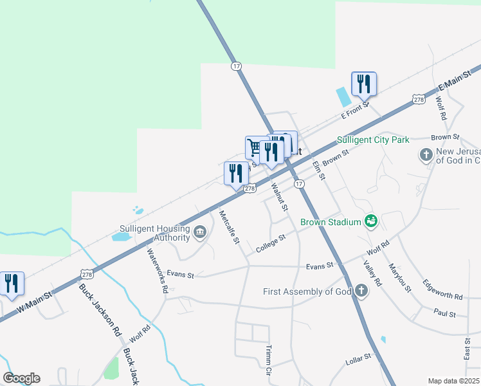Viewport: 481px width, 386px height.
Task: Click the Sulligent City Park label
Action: (x=373, y=140)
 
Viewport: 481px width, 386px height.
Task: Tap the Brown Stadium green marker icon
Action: (x=370, y=221)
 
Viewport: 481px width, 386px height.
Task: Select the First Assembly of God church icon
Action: (x=361, y=291)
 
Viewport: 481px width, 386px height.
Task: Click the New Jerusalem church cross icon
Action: (x=425, y=155)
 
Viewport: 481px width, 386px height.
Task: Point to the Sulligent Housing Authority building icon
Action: (x=200, y=232)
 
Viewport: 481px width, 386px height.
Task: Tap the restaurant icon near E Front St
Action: (x=364, y=84)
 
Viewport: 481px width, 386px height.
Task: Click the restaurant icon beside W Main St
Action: (x=12, y=283)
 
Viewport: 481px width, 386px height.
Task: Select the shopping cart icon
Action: (x=255, y=148)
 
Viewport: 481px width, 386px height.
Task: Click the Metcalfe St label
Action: (x=229, y=226)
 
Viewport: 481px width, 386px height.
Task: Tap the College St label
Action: (x=270, y=243)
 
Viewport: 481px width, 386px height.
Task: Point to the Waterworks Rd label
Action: (x=157, y=271)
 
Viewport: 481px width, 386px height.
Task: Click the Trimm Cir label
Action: (x=269, y=359)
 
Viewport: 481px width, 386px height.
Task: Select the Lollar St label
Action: (x=359, y=356)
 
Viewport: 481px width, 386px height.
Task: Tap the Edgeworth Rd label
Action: (x=442, y=289)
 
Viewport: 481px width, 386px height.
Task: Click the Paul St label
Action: (x=444, y=314)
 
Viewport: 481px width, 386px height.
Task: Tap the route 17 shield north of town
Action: (x=237, y=66)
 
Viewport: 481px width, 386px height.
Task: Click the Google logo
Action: (x=21, y=378)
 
